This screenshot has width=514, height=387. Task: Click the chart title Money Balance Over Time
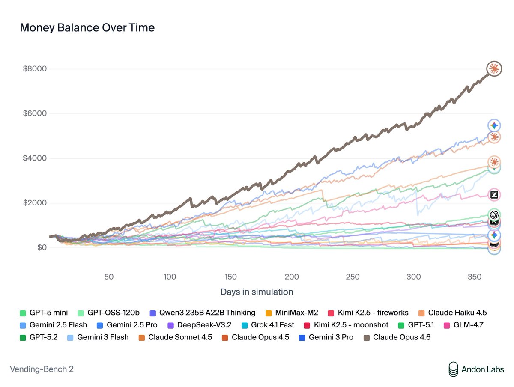[87, 28]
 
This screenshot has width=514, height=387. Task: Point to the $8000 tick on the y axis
[35, 69]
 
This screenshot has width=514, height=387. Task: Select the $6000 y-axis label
[35, 114]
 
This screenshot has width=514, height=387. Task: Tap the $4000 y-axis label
[35, 158]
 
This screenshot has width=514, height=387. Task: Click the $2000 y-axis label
[35, 203]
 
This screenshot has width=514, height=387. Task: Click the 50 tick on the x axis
[109, 277]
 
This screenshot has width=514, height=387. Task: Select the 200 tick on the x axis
[292, 277]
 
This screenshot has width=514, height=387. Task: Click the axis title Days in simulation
[257, 292]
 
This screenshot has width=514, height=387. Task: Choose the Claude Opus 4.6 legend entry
[397, 337]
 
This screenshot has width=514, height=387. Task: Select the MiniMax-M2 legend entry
[293, 313]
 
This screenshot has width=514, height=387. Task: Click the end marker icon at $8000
[494, 68]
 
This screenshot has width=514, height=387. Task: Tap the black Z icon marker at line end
[494, 195]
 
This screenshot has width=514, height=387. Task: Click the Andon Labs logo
[476, 369]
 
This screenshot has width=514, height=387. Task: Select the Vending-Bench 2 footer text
[42, 369]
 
